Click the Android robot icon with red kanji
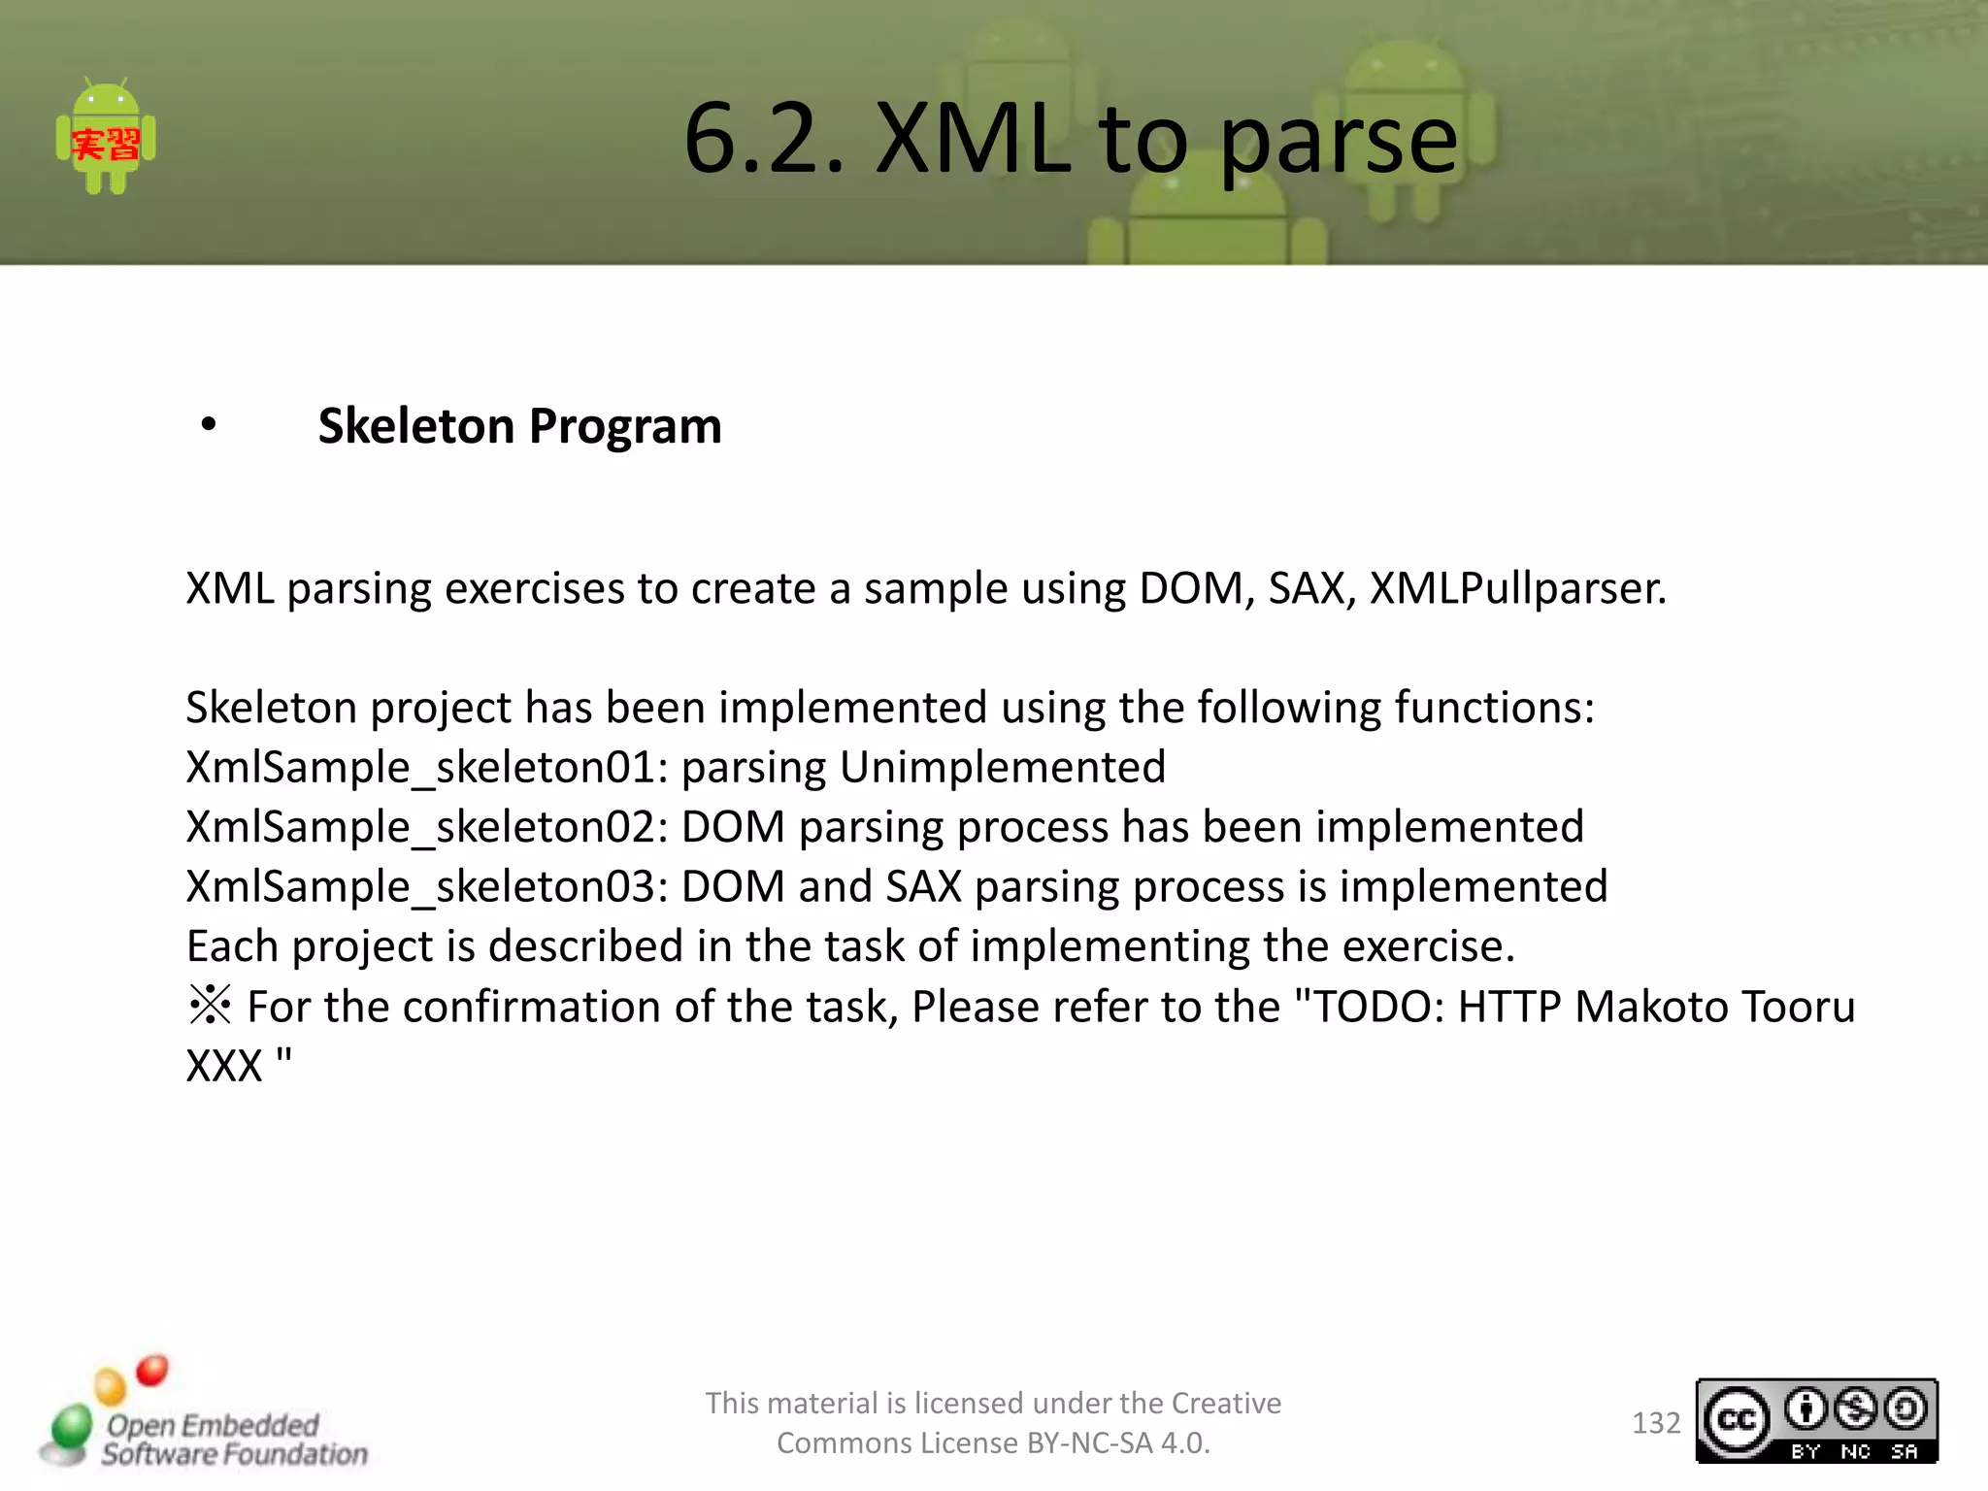pos(106,137)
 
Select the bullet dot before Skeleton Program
pos(208,425)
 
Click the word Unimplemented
pos(1002,768)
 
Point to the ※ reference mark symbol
pos(210,1006)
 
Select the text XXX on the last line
pos(224,1067)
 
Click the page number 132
pos(1656,1423)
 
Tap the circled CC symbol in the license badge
pos(1737,1420)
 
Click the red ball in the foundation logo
pos(151,1371)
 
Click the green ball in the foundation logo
pos(70,1426)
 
